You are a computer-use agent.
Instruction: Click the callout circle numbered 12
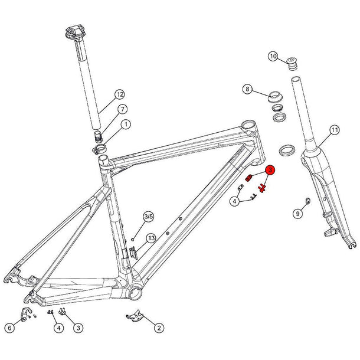120,94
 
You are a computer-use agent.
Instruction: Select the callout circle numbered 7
123,109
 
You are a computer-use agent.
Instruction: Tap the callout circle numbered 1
126,125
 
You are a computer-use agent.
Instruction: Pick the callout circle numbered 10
273,57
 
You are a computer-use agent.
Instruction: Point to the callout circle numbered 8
248,90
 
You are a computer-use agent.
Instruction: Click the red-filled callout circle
270,171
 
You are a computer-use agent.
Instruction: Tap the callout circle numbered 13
151,238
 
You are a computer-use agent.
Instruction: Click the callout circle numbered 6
10,328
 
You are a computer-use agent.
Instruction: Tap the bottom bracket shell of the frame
135,290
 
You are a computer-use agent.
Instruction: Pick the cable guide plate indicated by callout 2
135,318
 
